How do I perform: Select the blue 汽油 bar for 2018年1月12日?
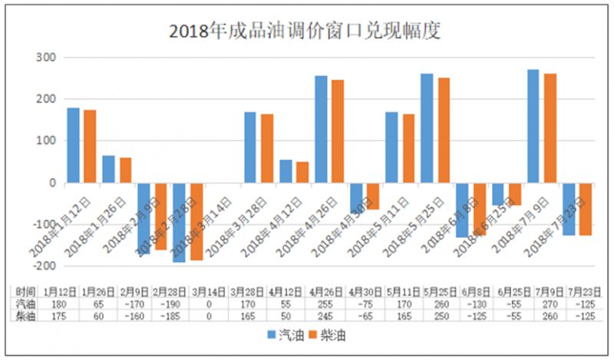74,146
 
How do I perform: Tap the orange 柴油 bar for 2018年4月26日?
338,131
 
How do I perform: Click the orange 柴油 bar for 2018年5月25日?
444,130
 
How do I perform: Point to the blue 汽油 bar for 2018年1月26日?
109,170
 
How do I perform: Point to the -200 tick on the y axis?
44,266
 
